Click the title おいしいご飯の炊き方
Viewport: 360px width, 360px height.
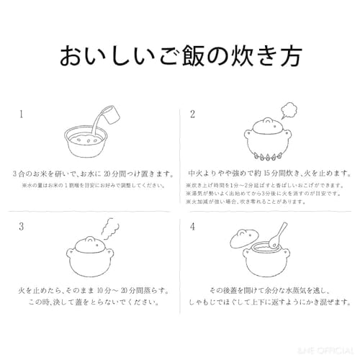[x=180, y=55]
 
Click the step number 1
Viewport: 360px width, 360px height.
[x=22, y=114]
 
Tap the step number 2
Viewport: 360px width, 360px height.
[x=192, y=114]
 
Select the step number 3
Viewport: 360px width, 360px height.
[x=22, y=225]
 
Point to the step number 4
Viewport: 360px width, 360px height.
[x=192, y=225]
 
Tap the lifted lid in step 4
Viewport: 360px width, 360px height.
[x=245, y=237]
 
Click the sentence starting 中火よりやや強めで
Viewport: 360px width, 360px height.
[x=268, y=174]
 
